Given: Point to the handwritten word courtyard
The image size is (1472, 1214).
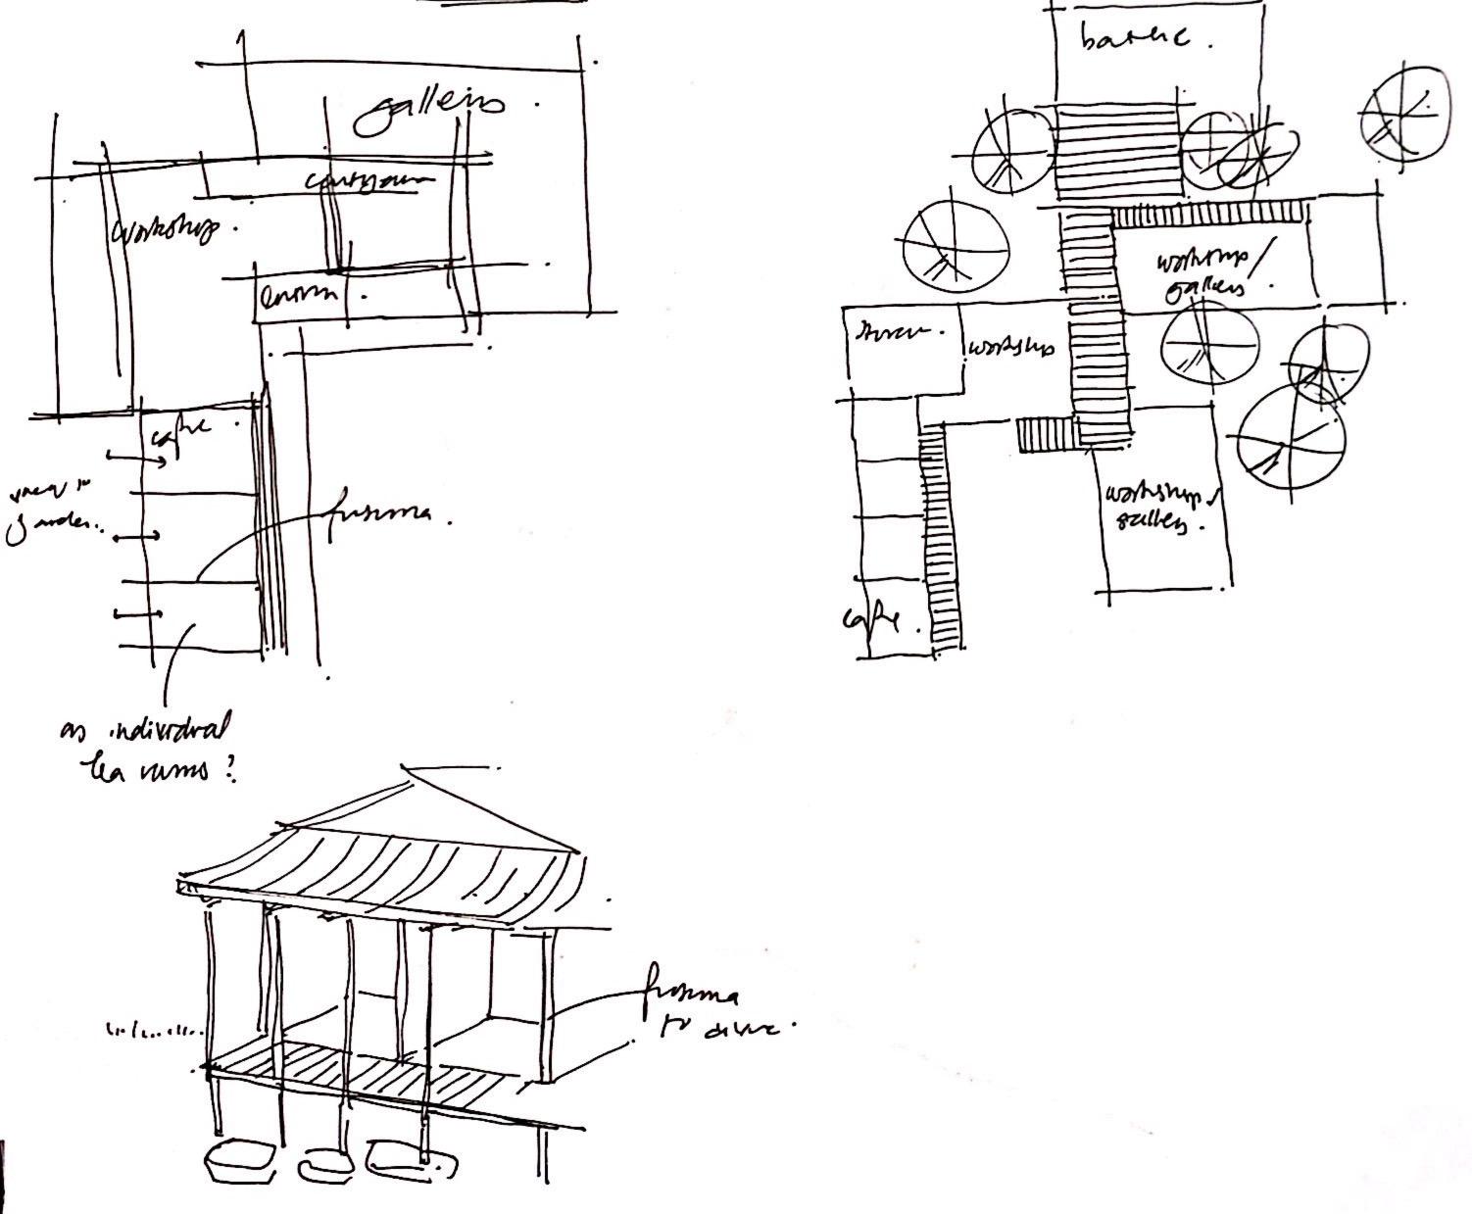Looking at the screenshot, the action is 368,182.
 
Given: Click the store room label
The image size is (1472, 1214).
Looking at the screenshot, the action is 892,332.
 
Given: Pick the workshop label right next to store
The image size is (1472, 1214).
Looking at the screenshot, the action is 1011,348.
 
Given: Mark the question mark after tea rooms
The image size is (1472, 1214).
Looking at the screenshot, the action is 231,772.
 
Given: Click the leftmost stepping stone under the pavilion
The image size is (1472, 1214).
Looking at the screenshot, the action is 241,1159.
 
